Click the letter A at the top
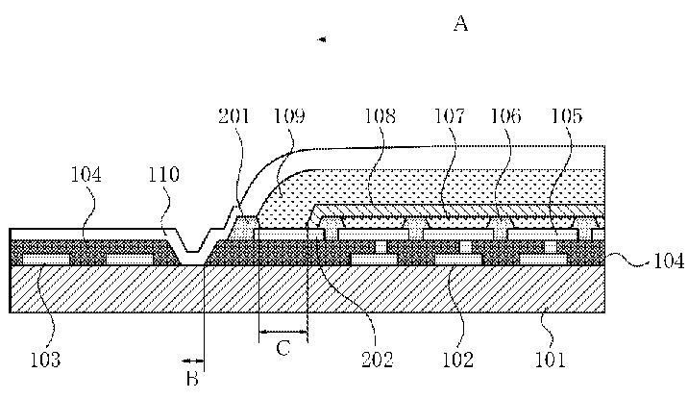[x=460, y=25]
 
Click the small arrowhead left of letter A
[x=322, y=39]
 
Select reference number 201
[x=233, y=117]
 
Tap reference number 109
[x=288, y=117]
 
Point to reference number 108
[x=380, y=117]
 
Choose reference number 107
[x=449, y=117]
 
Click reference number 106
[x=505, y=117]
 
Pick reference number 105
[x=566, y=117]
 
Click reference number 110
[x=164, y=175]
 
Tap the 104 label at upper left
[x=86, y=175]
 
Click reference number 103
[x=45, y=361]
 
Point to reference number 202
[x=377, y=361]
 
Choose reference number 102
[x=457, y=361]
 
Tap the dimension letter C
[x=283, y=348]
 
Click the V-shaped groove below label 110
[x=192, y=246]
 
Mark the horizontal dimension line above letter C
[x=283, y=333]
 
